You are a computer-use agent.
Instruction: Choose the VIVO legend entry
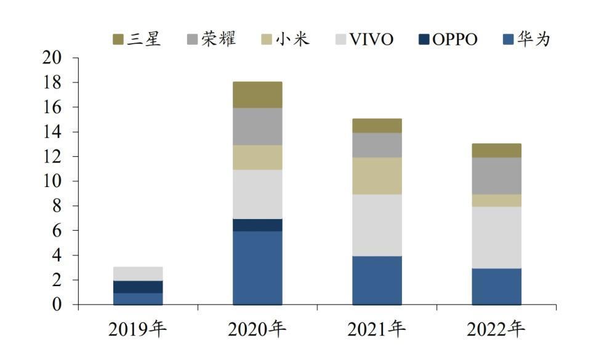(x=364, y=39)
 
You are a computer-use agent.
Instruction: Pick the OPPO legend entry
(x=447, y=39)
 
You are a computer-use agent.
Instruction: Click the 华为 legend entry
(x=526, y=39)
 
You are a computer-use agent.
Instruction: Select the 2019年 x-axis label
(x=137, y=330)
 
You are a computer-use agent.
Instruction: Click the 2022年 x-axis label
(x=496, y=330)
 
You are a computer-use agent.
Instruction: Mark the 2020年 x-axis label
(x=257, y=330)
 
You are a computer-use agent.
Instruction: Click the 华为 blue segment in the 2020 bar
(x=257, y=268)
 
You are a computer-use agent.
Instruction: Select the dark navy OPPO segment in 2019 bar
(x=138, y=287)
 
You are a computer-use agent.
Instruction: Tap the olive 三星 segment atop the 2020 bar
(x=257, y=95)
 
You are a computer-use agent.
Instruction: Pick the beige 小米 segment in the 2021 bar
(x=377, y=175)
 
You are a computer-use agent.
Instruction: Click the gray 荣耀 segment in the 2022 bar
(x=496, y=175)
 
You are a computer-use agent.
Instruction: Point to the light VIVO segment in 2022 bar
(x=496, y=237)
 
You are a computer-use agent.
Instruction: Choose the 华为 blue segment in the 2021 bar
(x=377, y=280)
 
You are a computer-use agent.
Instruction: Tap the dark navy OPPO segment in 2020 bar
(x=257, y=225)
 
